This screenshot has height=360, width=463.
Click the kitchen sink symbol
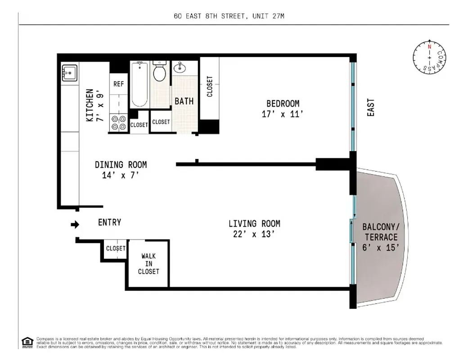[69, 73]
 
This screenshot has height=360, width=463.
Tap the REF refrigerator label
[118, 84]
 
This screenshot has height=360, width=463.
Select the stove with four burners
[118, 123]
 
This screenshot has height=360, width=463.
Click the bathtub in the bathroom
[139, 84]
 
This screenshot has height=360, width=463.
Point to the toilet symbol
[160, 72]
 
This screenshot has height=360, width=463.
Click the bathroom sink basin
[179, 68]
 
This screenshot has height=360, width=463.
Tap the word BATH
[184, 101]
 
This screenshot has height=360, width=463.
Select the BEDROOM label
[283, 103]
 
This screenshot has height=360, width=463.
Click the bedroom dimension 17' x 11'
[283, 114]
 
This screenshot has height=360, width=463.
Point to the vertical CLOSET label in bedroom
[210, 86]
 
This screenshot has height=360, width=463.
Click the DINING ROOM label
[121, 165]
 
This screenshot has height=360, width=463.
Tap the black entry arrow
[75, 224]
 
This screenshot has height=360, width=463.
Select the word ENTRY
[109, 222]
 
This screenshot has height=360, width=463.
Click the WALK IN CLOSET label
[148, 264]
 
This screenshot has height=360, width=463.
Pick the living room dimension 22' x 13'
[254, 234]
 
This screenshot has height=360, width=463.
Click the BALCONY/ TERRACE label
[381, 232]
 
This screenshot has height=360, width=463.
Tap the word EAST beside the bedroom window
[371, 108]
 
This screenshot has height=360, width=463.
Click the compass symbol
[430, 57]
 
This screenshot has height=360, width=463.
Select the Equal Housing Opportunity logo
[27, 342]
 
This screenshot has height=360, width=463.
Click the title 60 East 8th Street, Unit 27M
[229, 17]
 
